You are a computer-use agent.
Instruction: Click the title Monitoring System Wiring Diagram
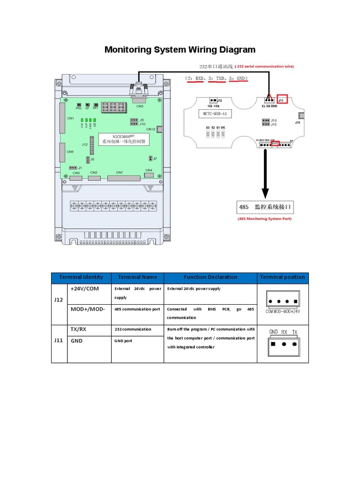pyautogui.click(x=180, y=50)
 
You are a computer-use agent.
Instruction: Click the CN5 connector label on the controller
pyautogui.click(x=140, y=106)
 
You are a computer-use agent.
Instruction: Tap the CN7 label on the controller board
pyautogui.click(x=120, y=172)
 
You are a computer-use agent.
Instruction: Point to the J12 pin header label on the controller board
pyautogui.click(x=85, y=145)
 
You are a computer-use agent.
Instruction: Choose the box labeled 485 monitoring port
pyautogui.click(x=265, y=206)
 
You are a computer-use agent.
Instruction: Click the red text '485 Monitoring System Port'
pyautogui.click(x=265, y=218)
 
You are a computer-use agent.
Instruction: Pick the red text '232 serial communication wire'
pyautogui.click(x=264, y=67)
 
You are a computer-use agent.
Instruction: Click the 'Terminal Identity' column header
pyautogui.click(x=81, y=277)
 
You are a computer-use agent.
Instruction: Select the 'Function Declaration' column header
pyautogui.click(x=210, y=277)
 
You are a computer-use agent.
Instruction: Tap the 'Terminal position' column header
pyautogui.click(x=283, y=277)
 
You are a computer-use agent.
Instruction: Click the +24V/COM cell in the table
pyautogui.click(x=85, y=289)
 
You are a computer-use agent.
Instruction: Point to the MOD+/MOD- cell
pyautogui.click(x=88, y=309)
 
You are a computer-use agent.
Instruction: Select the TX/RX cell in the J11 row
pyautogui.click(x=79, y=329)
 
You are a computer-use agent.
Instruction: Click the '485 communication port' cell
pyautogui.click(x=137, y=309)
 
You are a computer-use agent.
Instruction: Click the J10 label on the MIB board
pyautogui.click(x=298, y=123)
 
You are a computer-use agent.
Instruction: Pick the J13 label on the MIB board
pyautogui.click(x=219, y=100)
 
